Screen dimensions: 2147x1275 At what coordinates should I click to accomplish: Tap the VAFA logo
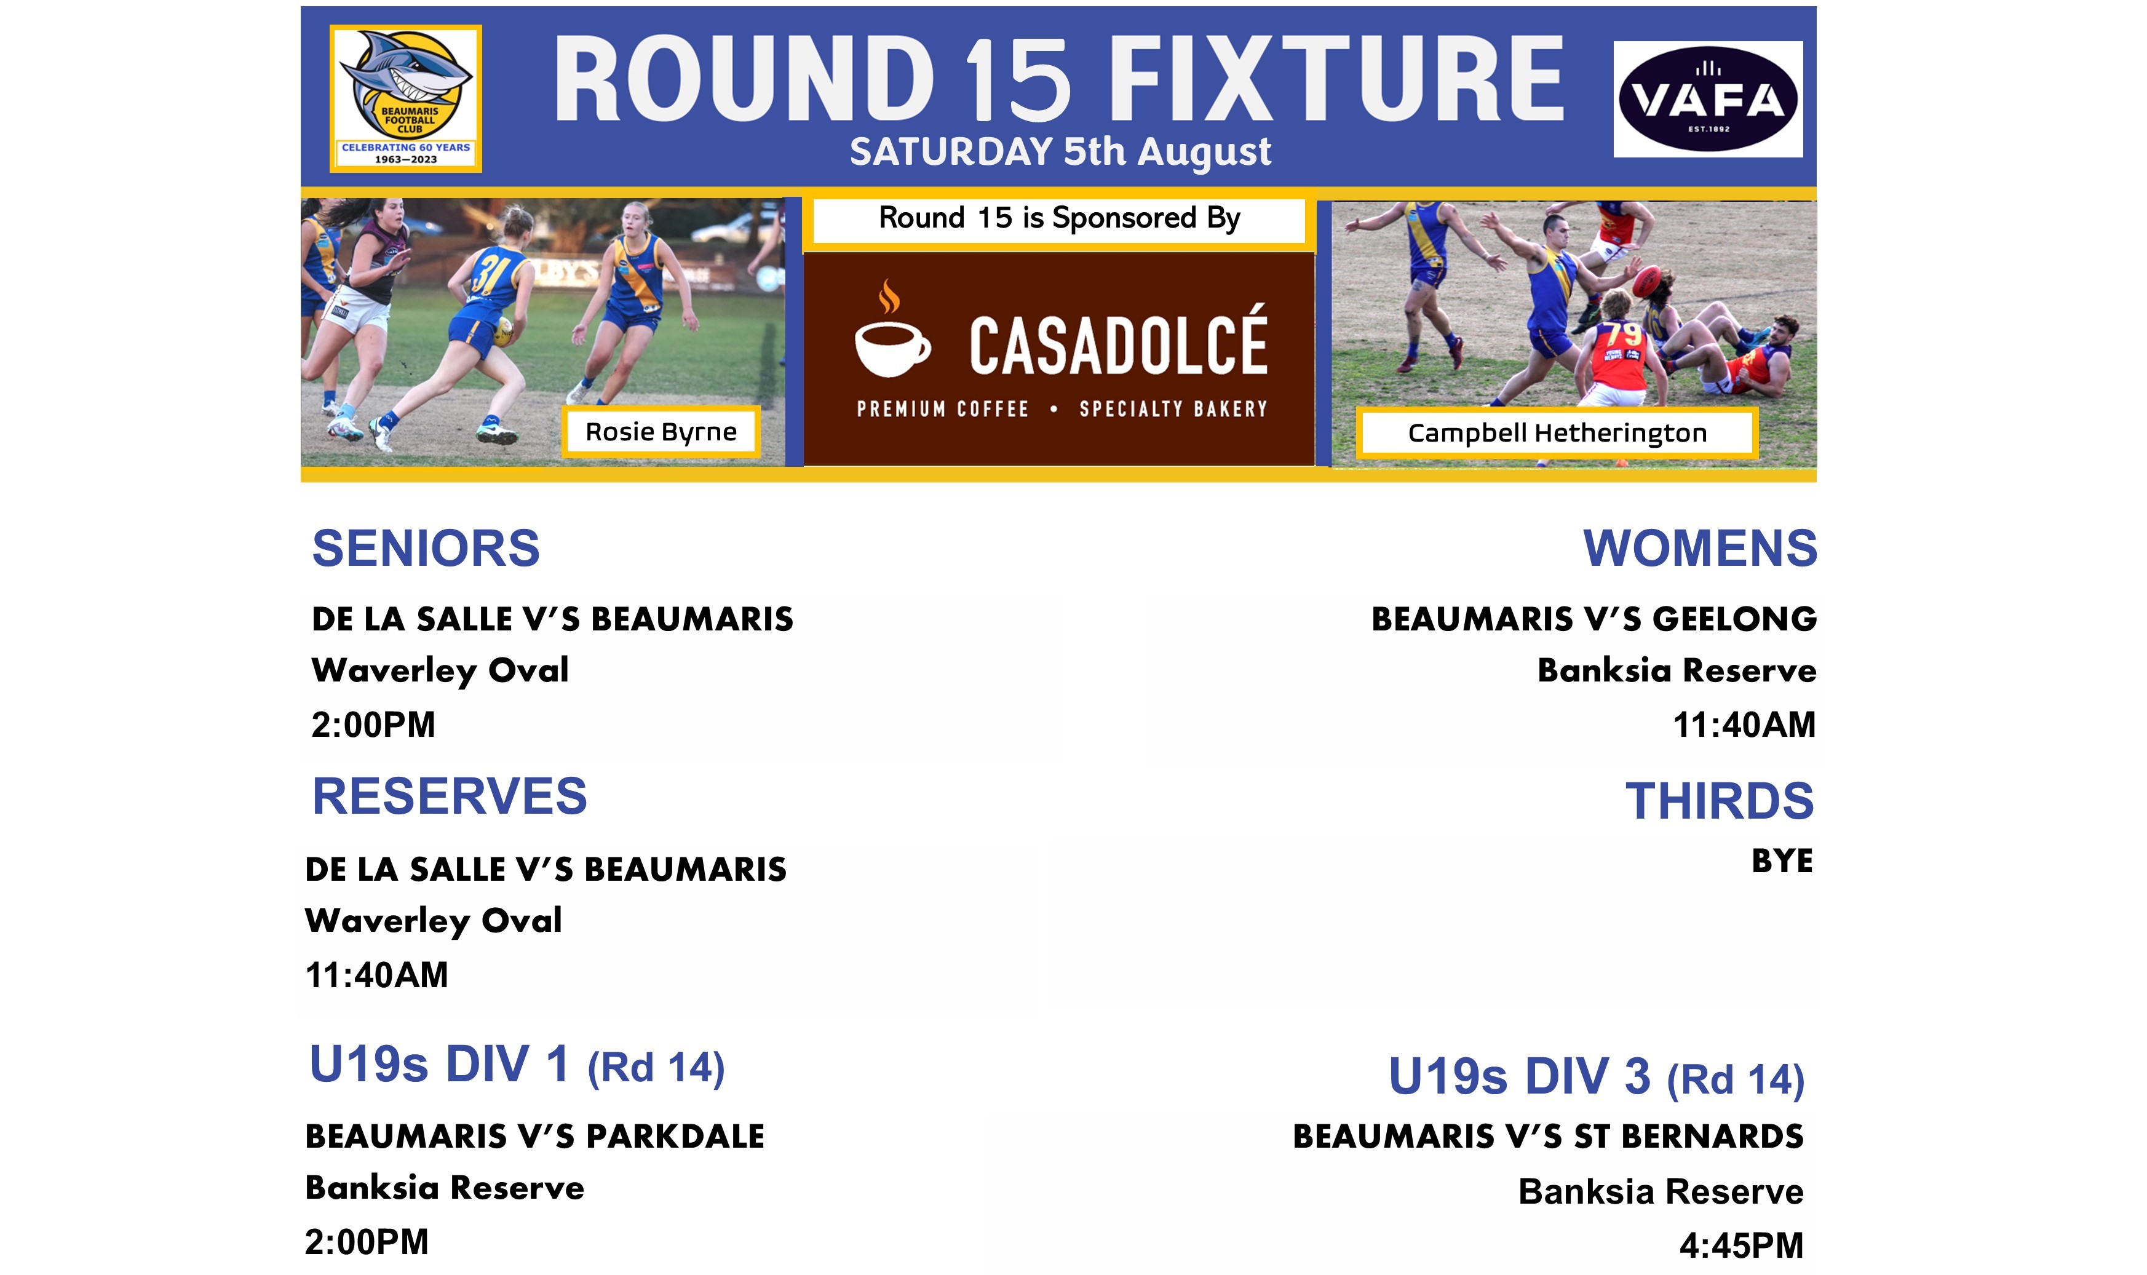(1707, 99)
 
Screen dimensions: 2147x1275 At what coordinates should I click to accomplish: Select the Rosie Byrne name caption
(661, 431)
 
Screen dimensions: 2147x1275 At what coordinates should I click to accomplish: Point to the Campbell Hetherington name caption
(1557, 433)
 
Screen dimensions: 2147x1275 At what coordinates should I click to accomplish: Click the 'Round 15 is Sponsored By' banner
(1058, 220)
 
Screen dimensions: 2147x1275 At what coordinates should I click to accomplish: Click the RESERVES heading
(450, 796)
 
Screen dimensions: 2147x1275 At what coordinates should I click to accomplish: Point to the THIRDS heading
(1719, 801)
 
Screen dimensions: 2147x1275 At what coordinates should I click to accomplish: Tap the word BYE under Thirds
(1782, 861)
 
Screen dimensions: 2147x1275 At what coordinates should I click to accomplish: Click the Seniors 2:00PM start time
(373, 725)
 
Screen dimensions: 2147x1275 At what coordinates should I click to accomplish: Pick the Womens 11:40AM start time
(1744, 725)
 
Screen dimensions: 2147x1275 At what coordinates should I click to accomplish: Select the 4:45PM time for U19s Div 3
(1740, 1245)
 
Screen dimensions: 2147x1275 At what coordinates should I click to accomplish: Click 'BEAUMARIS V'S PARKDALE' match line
(534, 1137)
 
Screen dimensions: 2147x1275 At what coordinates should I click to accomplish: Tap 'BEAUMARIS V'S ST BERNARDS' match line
(1547, 1137)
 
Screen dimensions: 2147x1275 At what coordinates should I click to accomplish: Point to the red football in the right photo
(1648, 281)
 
